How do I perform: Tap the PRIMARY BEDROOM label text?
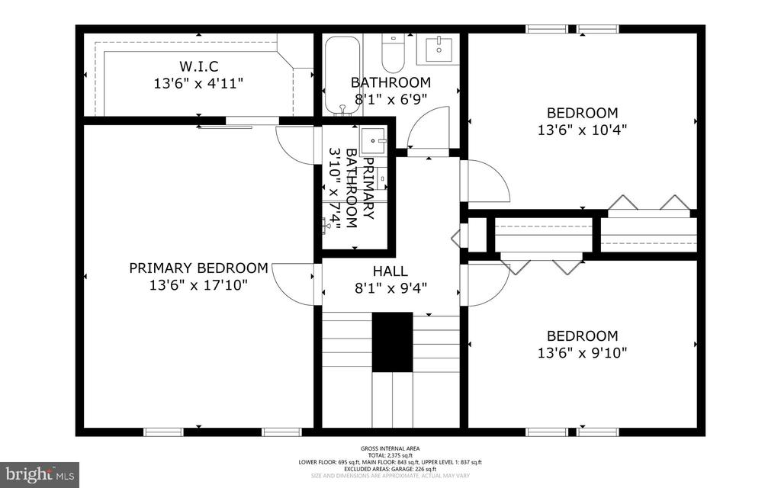pyautogui.click(x=198, y=268)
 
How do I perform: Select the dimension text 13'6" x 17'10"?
pyautogui.click(x=198, y=285)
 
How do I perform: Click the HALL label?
pyautogui.click(x=390, y=271)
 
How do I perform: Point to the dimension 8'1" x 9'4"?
pyautogui.click(x=390, y=288)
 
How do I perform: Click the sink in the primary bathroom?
pyautogui.click(x=374, y=139)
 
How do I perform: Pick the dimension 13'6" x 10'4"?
pyautogui.click(x=582, y=130)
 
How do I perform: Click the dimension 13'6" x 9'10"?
pyautogui.click(x=582, y=353)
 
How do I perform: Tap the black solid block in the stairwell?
pyautogui.click(x=392, y=342)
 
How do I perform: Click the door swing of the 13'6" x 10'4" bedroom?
pyautogui.click(x=486, y=181)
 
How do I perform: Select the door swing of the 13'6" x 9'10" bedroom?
pyautogui.click(x=486, y=284)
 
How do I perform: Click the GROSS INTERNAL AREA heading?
pyautogui.click(x=390, y=448)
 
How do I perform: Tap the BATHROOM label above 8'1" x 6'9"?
pyautogui.click(x=390, y=82)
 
